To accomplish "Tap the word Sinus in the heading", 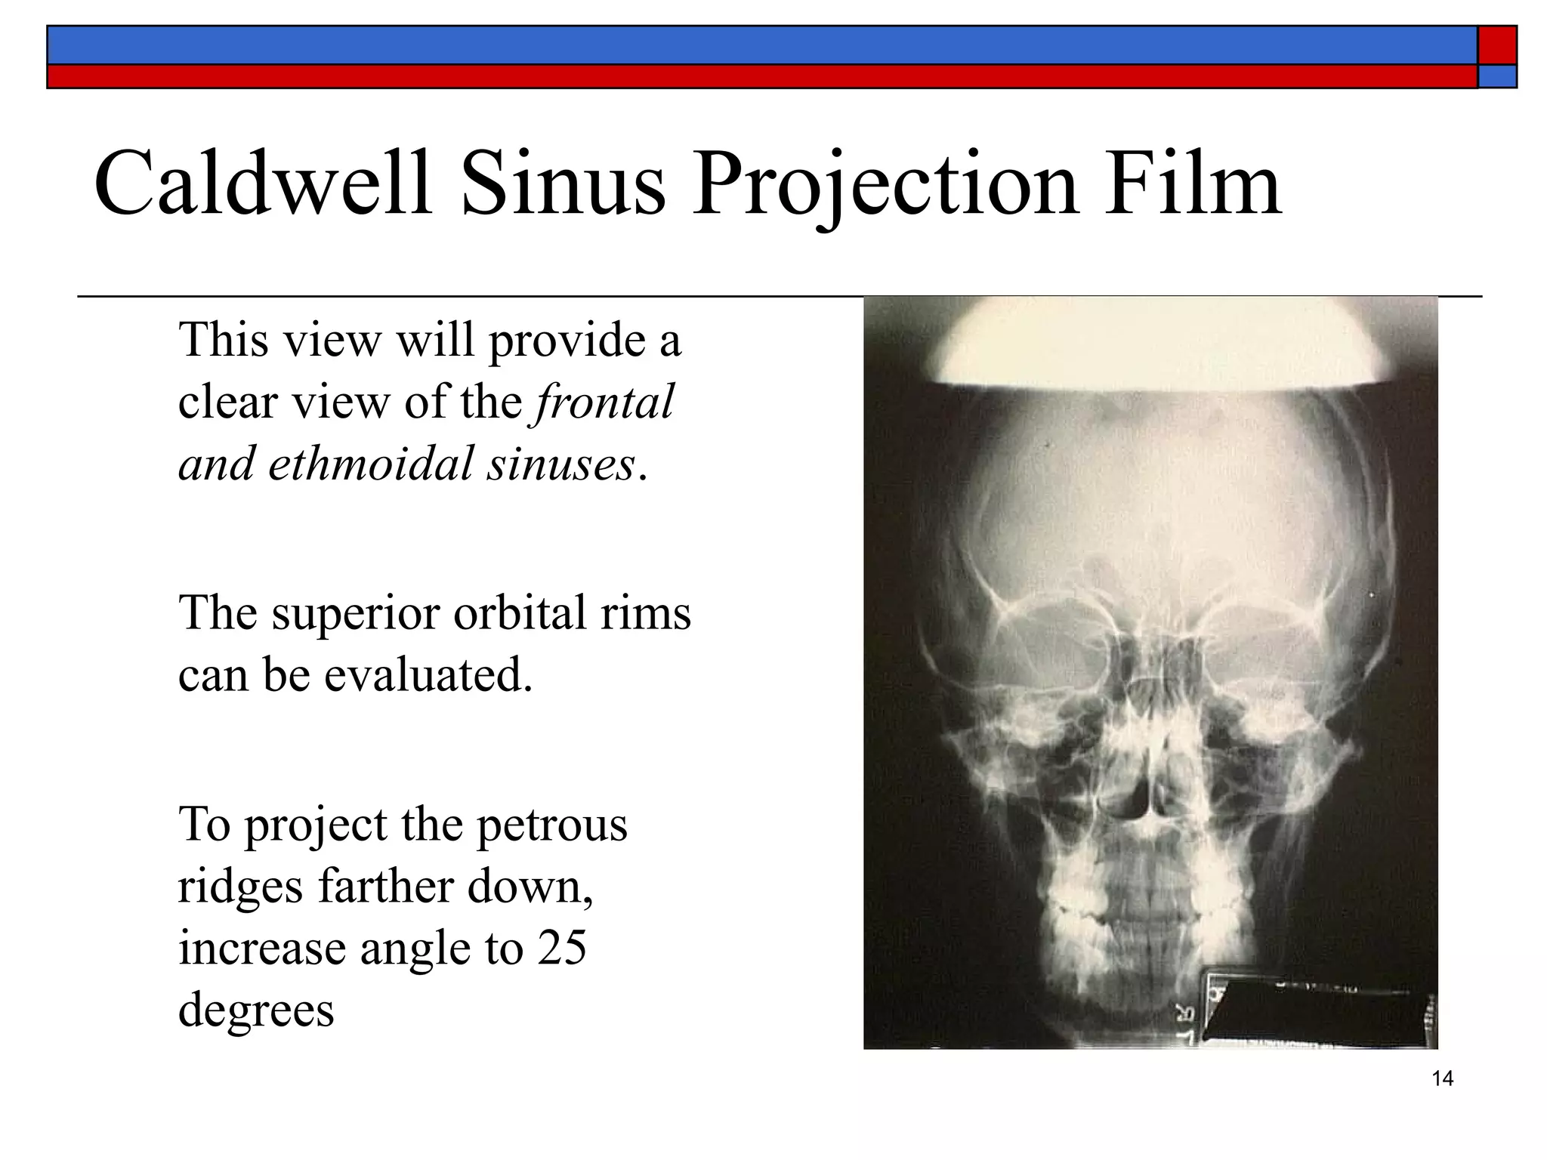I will pos(564,184).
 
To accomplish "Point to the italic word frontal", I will pos(604,402).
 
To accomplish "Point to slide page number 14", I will pos(1442,1079).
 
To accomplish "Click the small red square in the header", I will pos(1497,45).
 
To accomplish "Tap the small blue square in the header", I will pos(1497,76).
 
